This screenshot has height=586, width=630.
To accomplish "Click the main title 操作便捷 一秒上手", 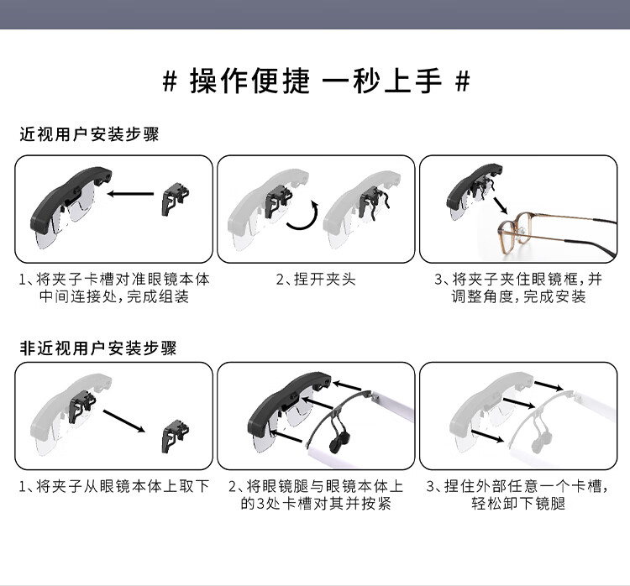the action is click(x=316, y=81).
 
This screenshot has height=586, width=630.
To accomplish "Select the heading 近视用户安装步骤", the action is click(x=89, y=134).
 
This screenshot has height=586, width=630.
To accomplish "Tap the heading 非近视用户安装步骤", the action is click(x=98, y=348).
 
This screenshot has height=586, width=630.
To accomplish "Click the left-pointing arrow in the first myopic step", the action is click(x=130, y=194).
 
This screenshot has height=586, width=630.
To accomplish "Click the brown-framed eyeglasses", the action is click(x=556, y=233).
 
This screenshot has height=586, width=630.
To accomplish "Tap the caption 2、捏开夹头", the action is click(x=316, y=279).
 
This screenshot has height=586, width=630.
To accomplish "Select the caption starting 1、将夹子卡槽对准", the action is click(x=114, y=288).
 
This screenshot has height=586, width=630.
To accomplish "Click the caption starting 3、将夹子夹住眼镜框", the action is click(x=518, y=288).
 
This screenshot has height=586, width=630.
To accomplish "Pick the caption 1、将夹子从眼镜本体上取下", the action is click(x=114, y=486).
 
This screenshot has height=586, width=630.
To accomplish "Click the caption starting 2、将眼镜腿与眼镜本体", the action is click(x=316, y=494).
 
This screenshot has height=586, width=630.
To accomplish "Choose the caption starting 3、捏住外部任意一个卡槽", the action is click(x=518, y=494).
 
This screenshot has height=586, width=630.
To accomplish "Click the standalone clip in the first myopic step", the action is click(x=176, y=199).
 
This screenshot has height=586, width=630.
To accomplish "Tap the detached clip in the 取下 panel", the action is click(x=176, y=437).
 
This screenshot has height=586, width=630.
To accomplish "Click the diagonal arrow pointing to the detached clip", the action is click(x=124, y=421).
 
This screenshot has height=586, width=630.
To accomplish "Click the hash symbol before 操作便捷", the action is click(x=170, y=81).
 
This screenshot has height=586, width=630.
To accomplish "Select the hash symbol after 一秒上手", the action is click(x=463, y=81).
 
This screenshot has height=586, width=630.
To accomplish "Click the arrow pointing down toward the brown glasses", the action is click(x=501, y=205).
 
